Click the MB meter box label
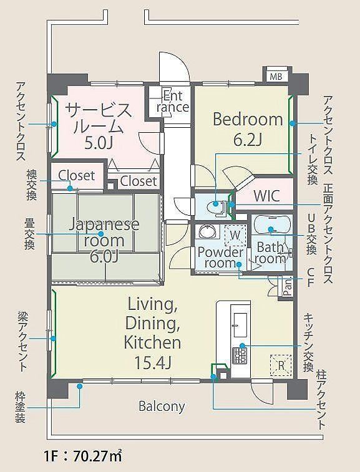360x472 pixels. click(x=276, y=77)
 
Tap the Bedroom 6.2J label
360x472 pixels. click(x=248, y=129)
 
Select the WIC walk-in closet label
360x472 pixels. click(x=267, y=196)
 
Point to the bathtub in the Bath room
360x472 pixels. click(x=272, y=225)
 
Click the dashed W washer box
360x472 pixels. click(x=235, y=234)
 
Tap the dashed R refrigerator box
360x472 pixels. click(x=281, y=365)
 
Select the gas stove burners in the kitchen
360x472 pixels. click(x=240, y=355)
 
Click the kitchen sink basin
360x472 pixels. click(x=240, y=325)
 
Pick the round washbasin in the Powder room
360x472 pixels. click(x=207, y=233)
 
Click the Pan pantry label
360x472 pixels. click(x=288, y=287)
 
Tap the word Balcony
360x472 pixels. click(x=162, y=406)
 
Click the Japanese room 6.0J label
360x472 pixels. click(x=104, y=240)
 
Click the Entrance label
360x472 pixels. click(x=173, y=102)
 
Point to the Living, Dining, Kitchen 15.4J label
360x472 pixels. click(x=153, y=332)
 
